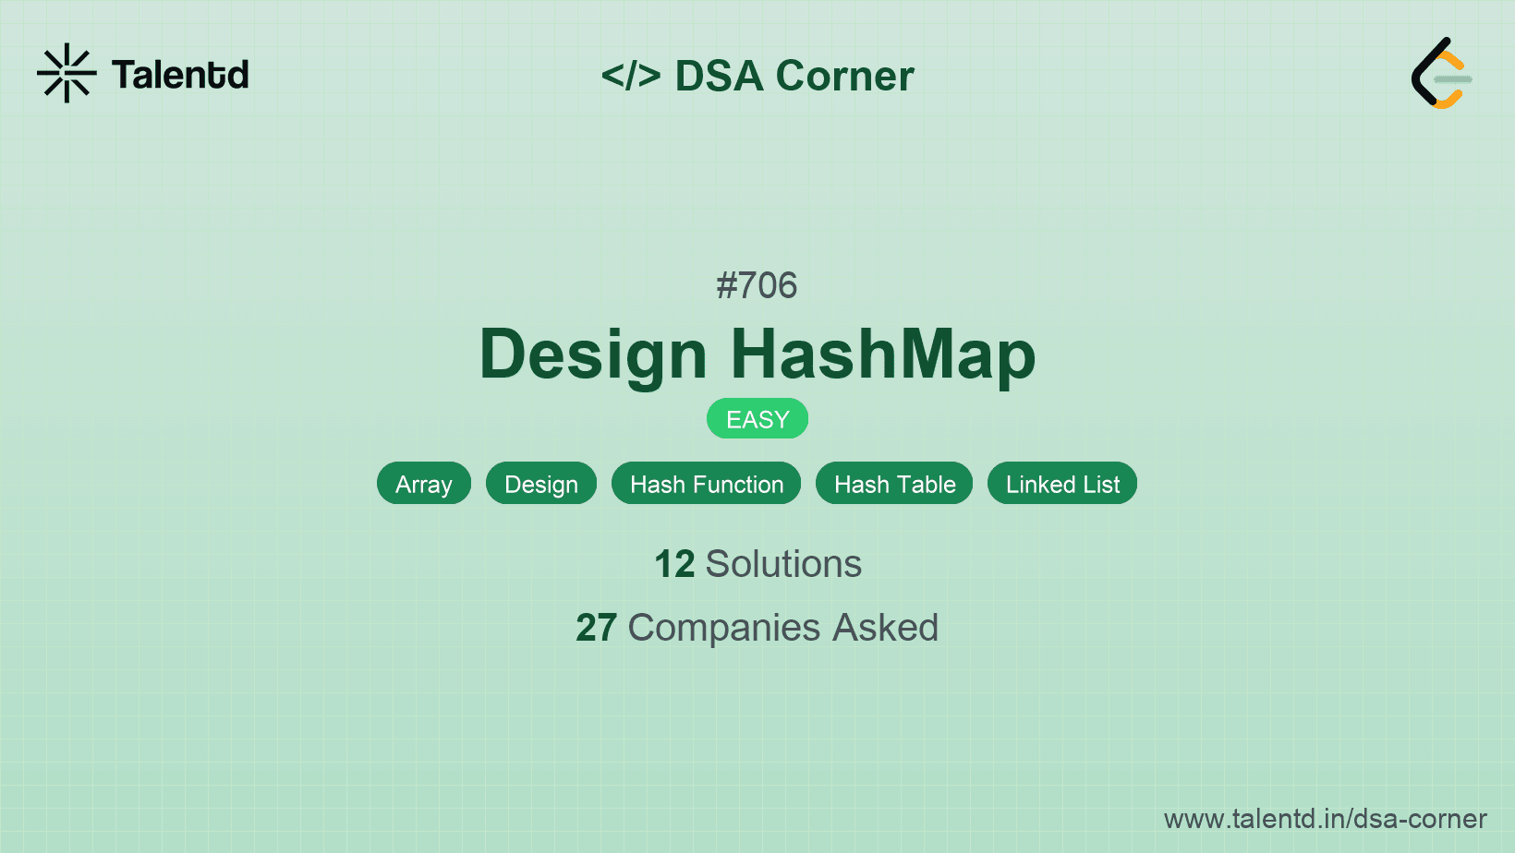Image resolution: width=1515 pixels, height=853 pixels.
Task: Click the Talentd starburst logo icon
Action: [67, 73]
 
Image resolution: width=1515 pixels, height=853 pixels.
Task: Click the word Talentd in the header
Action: [180, 75]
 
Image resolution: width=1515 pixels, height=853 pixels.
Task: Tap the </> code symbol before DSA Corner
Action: [631, 76]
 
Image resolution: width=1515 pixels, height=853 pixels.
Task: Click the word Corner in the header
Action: [845, 76]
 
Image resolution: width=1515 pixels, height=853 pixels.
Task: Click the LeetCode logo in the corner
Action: [1441, 74]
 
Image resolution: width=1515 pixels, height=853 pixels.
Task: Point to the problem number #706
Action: [757, 285]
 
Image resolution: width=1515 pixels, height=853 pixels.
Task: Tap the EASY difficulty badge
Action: [757, 419]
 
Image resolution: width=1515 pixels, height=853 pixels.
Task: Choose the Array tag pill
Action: [424, 484]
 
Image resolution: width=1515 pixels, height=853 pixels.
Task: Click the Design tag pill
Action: [541, 484]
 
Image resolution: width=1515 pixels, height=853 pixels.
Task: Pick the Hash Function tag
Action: [707, 484]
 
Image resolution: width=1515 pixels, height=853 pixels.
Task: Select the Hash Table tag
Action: [894, 484]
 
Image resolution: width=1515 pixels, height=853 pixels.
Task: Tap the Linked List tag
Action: [1062, 484]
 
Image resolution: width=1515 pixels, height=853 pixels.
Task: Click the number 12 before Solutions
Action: [674, 564]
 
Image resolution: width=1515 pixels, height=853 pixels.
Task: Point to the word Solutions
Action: [783, 564]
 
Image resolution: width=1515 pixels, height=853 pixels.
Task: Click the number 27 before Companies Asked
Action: [596, 628]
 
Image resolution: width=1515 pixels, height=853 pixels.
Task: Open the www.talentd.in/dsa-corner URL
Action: [1325, 819]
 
